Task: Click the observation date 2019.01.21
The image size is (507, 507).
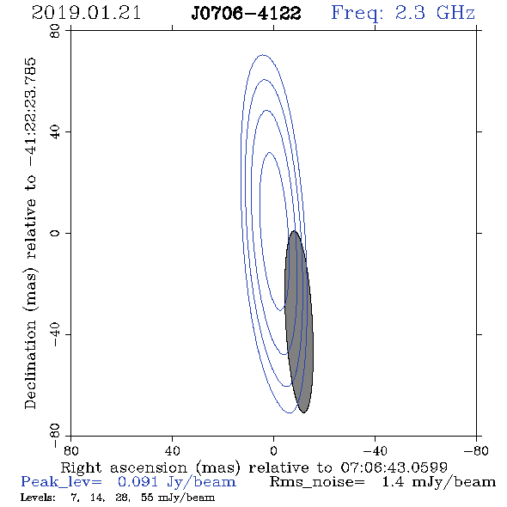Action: [86, 13]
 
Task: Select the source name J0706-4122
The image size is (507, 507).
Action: [246, 14]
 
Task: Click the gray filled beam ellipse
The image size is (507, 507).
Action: [299, 321]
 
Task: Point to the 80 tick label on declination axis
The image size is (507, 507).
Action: [55, 31]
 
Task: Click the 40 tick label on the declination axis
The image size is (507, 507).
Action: [55, 132]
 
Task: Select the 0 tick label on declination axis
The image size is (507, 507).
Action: [55, 233]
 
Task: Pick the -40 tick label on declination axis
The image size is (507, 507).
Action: [55, 334]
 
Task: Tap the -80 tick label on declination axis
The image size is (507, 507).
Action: [55, 436]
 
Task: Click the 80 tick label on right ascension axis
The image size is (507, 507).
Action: [70, 450]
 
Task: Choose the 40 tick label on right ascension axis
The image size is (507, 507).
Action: [172, 450]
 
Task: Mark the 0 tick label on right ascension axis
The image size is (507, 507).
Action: [273, 450]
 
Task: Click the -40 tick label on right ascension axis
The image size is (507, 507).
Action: [375, 450]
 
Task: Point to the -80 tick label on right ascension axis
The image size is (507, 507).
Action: [476, 450]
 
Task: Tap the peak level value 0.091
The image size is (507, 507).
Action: [138, 482]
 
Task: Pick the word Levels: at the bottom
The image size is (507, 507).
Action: [38, 497]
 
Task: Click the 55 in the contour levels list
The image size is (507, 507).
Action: [147, 497]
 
